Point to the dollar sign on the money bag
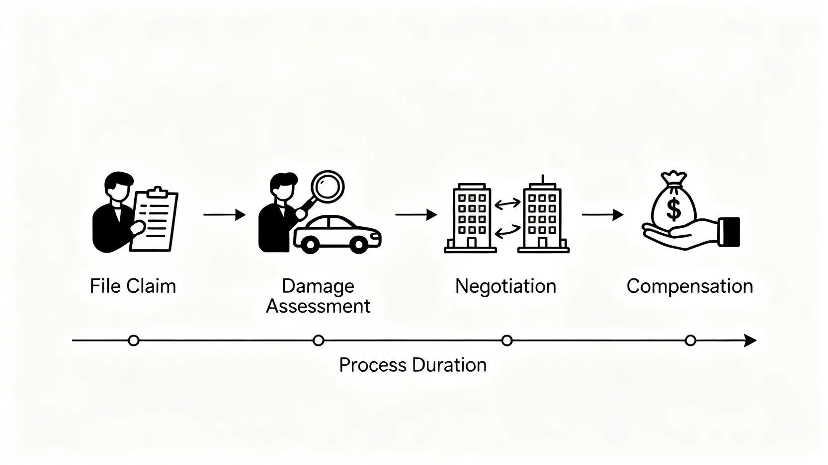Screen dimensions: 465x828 (x=673, y=209)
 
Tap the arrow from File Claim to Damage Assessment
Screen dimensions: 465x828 (x=225, y=215)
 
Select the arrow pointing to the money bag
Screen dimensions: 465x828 (x=602, y=215)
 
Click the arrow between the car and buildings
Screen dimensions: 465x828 (x=416, y=215)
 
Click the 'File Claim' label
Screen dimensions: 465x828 (x=133, y=286)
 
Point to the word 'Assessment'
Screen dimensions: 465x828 (x=318, y=306)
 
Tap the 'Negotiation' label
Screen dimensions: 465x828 (x=505, y=286)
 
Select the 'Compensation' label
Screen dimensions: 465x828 (x=689, y=286)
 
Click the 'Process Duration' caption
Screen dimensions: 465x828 (x=413, y=365)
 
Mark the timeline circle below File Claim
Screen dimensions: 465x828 (x=133, y=340)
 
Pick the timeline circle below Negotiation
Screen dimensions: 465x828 (x=507, y=340)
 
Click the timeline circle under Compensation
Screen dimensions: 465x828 (x=690, y=340)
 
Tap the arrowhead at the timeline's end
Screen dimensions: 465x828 (x=750, y=340)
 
